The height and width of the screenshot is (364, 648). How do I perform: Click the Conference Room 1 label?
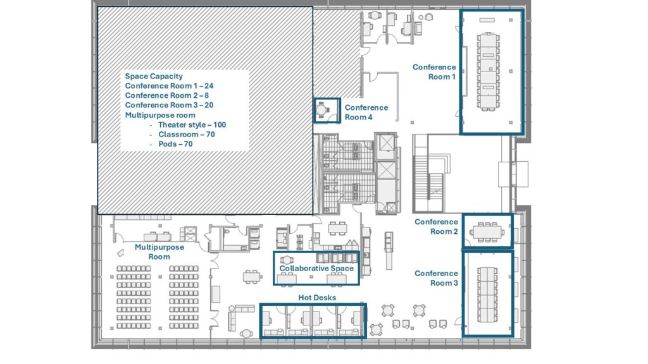pos(434,72)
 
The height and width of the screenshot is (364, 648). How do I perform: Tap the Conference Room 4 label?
pos(366,112)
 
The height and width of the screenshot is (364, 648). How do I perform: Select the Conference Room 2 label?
pos(436,227)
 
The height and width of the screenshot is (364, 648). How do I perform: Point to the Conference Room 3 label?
pos(436,278)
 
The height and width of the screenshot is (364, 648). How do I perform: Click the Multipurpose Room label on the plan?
pos(159,252)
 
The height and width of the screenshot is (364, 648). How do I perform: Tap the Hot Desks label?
pos(317,298)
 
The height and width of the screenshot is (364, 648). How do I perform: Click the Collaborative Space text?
pos(316,268)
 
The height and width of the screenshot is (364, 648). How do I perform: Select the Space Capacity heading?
pos(154,76)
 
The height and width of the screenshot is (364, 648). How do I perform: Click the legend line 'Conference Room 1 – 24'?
pos(169,86)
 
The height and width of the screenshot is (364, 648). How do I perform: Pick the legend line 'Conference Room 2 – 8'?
pos(167,95)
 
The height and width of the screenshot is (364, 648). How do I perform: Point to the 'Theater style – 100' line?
pos(192,124)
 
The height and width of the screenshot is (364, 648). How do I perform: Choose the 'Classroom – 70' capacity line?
pos(187,134)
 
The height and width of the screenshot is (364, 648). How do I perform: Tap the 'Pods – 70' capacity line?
pos(175,144)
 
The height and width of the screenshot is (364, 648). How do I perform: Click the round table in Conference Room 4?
pos(322,110)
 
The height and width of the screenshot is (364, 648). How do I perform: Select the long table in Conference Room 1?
pos(488,71)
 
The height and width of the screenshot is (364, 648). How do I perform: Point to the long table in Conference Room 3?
pos(488,294)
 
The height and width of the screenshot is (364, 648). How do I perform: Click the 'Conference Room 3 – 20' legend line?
pos(169,105)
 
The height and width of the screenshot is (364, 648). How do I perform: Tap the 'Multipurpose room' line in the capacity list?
pos(160,115)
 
